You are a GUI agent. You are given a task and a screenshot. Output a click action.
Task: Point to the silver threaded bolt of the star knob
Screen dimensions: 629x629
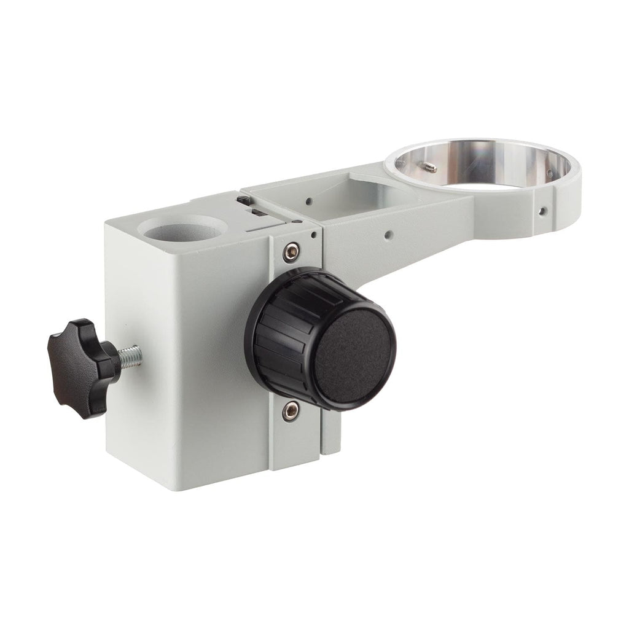[130, 356]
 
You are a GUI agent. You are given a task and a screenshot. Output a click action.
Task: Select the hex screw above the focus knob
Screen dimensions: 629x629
[292, 250]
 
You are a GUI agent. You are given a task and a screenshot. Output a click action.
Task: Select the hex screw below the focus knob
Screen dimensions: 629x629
[291, 411]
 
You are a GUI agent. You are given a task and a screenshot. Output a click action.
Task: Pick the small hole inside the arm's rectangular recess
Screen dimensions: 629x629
[307, 200]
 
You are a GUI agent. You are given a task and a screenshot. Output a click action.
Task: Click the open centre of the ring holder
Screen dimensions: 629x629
[485, 166]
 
